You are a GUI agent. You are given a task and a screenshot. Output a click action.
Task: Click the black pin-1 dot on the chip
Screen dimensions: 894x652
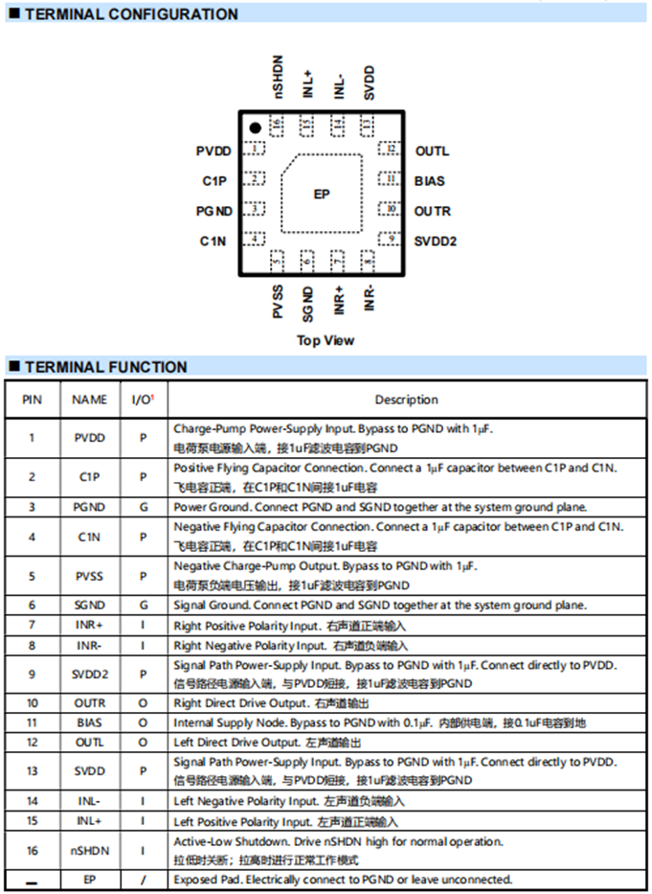[x=256, y=128]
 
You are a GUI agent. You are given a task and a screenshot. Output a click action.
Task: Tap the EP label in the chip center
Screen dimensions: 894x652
[x=322, y=194]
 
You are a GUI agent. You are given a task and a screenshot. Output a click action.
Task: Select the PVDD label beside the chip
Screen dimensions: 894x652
[x=214, y=151]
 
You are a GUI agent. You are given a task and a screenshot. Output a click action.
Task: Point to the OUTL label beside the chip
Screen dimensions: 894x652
[x=432, y=151]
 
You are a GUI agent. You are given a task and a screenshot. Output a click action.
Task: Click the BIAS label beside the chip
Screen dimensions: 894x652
[x=430, y=181]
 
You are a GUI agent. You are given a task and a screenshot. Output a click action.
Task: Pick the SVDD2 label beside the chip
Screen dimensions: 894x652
[x=436, y=241]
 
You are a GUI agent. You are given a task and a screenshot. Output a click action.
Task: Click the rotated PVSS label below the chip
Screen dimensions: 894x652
[x=278, y=301]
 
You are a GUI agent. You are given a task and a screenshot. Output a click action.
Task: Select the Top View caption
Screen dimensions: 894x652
[x=326, y=340]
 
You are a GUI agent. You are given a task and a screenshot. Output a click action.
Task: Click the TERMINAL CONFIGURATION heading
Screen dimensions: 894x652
[x=130, y=14]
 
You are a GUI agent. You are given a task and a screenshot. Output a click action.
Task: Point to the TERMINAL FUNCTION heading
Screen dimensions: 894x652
[x=105, y=367]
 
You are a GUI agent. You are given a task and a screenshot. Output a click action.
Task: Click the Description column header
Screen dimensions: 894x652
[x=406, y=400]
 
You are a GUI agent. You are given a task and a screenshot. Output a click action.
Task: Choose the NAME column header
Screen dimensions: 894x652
[x=90, y=400]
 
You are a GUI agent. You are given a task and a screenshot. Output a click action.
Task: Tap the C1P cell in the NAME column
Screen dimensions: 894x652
[x=90, y=476]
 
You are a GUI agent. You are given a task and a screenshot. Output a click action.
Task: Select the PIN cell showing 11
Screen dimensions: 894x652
[x=32, y=723]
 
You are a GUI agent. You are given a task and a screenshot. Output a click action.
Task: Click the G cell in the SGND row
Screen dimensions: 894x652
[x=143, y=606]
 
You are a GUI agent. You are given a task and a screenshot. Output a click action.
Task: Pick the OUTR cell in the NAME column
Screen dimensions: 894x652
[x=90, y=703]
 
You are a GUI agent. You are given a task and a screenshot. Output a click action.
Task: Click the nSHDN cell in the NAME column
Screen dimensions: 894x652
[x=90, y=850]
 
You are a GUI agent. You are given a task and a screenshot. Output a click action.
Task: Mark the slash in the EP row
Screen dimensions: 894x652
[x=143, y=880]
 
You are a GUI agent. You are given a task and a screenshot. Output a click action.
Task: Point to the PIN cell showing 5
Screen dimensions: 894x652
[x=32, y=577]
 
